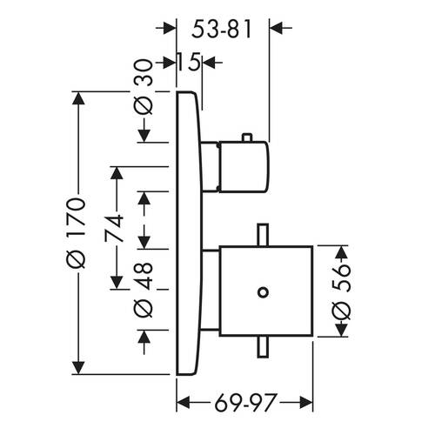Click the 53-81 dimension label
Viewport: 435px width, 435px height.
[221, 30]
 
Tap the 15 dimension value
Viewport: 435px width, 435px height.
[188, 62]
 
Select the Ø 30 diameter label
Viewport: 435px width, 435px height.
[144, 87]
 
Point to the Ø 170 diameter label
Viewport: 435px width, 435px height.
[76, 233]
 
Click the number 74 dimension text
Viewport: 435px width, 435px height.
[114, 229]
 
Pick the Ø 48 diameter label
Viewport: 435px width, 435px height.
[144, 290]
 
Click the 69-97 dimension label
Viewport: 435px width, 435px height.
[244, 403]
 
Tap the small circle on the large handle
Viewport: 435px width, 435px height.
[263, 292]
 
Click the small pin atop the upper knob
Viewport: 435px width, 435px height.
[247, 137]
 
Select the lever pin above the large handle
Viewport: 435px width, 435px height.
[263, 235]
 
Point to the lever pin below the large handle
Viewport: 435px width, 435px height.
[263, 347]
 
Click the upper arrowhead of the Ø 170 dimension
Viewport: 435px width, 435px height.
[78, 98]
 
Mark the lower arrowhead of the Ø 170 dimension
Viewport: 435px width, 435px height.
[78, 368]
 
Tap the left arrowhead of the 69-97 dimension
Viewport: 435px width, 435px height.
[184, 403]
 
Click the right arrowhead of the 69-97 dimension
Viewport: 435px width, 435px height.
[306, 403]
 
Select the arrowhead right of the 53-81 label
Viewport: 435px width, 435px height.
[277, 28]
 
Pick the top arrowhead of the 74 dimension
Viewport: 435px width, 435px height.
[117, 173]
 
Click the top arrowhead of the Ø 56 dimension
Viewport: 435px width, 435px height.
[341, 252]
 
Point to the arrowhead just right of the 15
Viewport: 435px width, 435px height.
[209, 62]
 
